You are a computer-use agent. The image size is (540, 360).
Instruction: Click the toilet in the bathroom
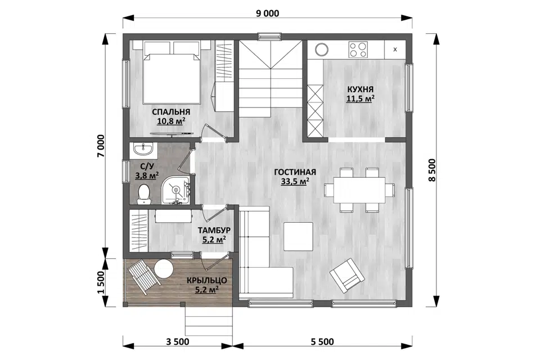143,194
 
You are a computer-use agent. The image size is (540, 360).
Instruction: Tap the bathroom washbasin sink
143,149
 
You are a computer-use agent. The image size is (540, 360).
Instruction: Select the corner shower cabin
176,190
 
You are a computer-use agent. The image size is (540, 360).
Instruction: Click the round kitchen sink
322,49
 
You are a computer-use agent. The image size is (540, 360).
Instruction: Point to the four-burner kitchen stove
358,49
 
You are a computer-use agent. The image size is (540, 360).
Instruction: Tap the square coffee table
298,236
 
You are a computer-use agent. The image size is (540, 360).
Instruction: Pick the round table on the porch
163,269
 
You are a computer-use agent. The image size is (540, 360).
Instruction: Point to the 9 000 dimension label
268,13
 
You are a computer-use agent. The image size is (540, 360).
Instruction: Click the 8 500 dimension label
432,170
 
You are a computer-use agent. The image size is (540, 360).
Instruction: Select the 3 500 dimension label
178,342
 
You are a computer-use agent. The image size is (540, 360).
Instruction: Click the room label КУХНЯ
360,89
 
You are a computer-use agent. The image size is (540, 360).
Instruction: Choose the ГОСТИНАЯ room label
295,172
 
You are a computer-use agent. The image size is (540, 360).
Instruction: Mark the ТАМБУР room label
214,230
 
